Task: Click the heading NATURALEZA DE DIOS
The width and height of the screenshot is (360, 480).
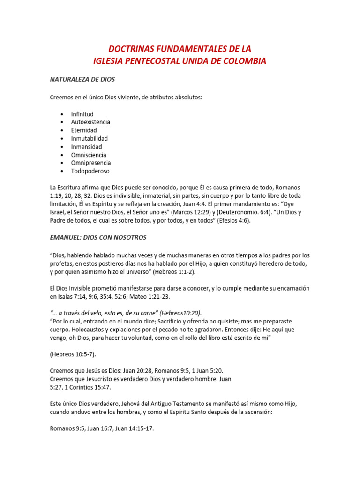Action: pos(82,79)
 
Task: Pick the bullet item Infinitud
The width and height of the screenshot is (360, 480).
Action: pos(82,114)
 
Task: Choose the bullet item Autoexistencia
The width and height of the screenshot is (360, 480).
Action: pos(90,122)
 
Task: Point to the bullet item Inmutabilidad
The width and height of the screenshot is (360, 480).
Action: pos(89,138)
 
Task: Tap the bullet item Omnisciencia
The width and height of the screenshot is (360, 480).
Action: pos(89,155)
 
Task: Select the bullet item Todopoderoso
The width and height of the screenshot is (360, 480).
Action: pos(90,171)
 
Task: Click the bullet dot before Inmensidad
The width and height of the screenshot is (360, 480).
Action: pos(62,147)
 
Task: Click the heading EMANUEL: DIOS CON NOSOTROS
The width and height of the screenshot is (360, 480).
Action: pos(98,237)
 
